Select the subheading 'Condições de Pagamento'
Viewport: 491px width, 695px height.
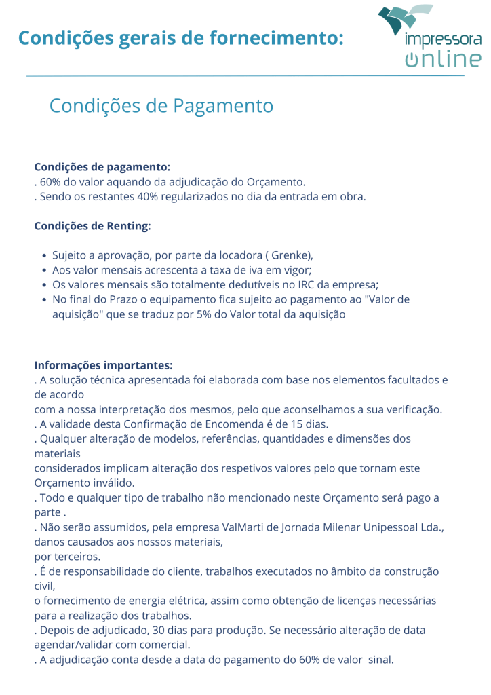(161, 106)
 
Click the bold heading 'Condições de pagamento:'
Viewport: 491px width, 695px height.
(102, 167)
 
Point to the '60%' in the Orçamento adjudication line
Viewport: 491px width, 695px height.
(51, 182)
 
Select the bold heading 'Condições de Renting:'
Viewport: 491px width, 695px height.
(92, 226)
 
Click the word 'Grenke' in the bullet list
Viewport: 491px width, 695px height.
(290, 256)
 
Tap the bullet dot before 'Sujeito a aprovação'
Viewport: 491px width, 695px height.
(43, 256)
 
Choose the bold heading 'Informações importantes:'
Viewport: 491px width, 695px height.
(104, 365)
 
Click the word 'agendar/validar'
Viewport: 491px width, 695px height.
(76, 645)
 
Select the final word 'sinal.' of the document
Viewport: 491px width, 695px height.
(380, 660)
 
